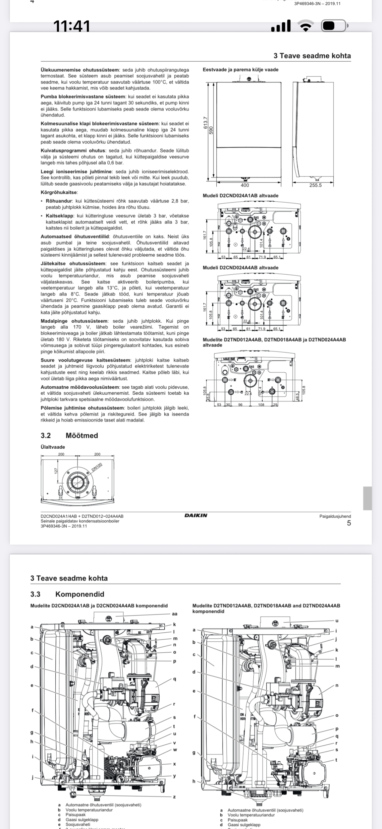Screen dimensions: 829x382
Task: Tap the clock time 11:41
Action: tap(72, 26)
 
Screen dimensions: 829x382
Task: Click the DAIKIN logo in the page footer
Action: tap(196, 515)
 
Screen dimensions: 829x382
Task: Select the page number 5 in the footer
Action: tap(349, 523)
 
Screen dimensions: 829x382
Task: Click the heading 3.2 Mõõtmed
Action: tap(69, 435)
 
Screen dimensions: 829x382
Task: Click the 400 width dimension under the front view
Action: tap(245, 185)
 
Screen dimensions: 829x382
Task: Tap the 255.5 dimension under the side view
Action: tap(315, 185)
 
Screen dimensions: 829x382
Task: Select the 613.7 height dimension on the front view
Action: tap(205, 123)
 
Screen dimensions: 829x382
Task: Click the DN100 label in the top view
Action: tap(97, 467)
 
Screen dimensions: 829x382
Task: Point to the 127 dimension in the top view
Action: tap(56, 470)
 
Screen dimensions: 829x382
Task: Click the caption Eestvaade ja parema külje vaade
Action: tap(241, 70)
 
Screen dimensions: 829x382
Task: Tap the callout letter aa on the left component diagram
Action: tap(175, 614)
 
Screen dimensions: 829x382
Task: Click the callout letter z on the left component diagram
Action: tap(174, 797)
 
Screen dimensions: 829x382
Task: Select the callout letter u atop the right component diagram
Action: tap(337, 620)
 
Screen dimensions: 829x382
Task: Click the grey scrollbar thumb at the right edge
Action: tap(367, 498)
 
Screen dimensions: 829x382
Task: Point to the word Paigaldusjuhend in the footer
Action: tap(335, 516)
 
